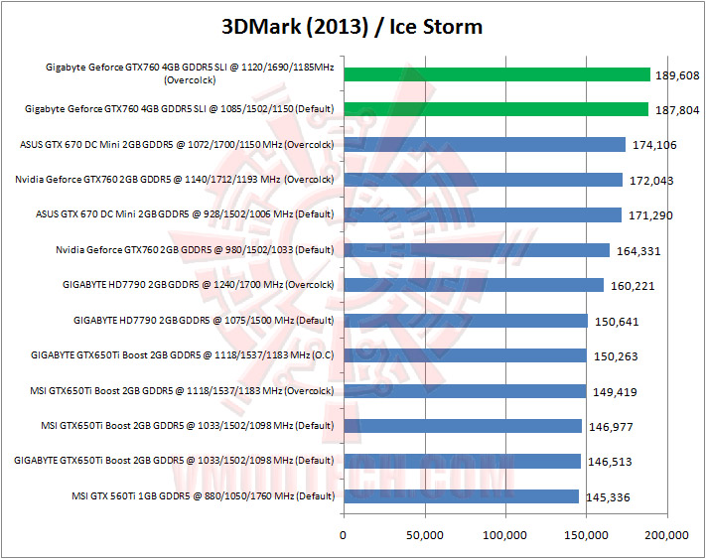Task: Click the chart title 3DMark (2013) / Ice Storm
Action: (353, 26)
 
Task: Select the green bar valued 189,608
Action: (495, 74)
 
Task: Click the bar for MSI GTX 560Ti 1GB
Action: (461, 496)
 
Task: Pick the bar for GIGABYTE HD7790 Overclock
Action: (473, 285)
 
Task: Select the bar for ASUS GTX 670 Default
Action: (482, 214)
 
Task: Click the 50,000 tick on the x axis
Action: (424, 536)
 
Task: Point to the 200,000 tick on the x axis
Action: (666, 536)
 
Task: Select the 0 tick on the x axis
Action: (344, 536)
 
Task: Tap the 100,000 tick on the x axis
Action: (505, 536)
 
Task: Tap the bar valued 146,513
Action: (462, 461)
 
